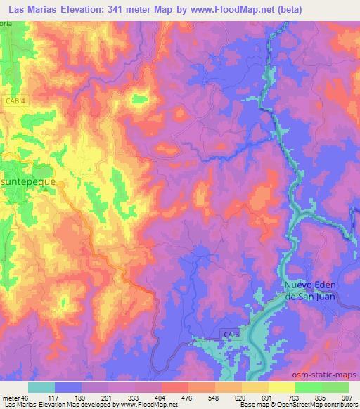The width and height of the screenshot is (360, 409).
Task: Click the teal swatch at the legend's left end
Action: click(x=41, y=387)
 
